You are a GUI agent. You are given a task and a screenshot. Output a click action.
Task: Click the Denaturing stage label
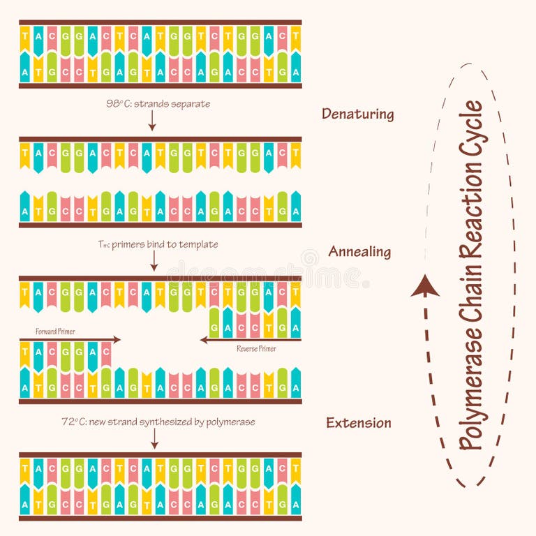(357, 114)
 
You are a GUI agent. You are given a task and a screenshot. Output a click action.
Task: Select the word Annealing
(359, 252)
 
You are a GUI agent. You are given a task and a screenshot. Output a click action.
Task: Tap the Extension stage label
(359, 423)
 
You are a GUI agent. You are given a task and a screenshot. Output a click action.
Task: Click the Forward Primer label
(55, 332)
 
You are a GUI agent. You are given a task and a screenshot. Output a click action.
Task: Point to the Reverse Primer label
(256, 348)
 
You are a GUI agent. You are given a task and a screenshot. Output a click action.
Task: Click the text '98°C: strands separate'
(158, 104)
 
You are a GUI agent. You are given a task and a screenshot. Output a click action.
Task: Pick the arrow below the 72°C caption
(154, 438)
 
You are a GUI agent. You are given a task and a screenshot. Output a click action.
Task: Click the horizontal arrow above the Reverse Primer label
(250, 340)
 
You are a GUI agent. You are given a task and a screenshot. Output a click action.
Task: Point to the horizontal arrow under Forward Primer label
(70, 339)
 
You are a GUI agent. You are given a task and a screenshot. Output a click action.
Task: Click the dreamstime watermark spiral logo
(311, 258)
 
